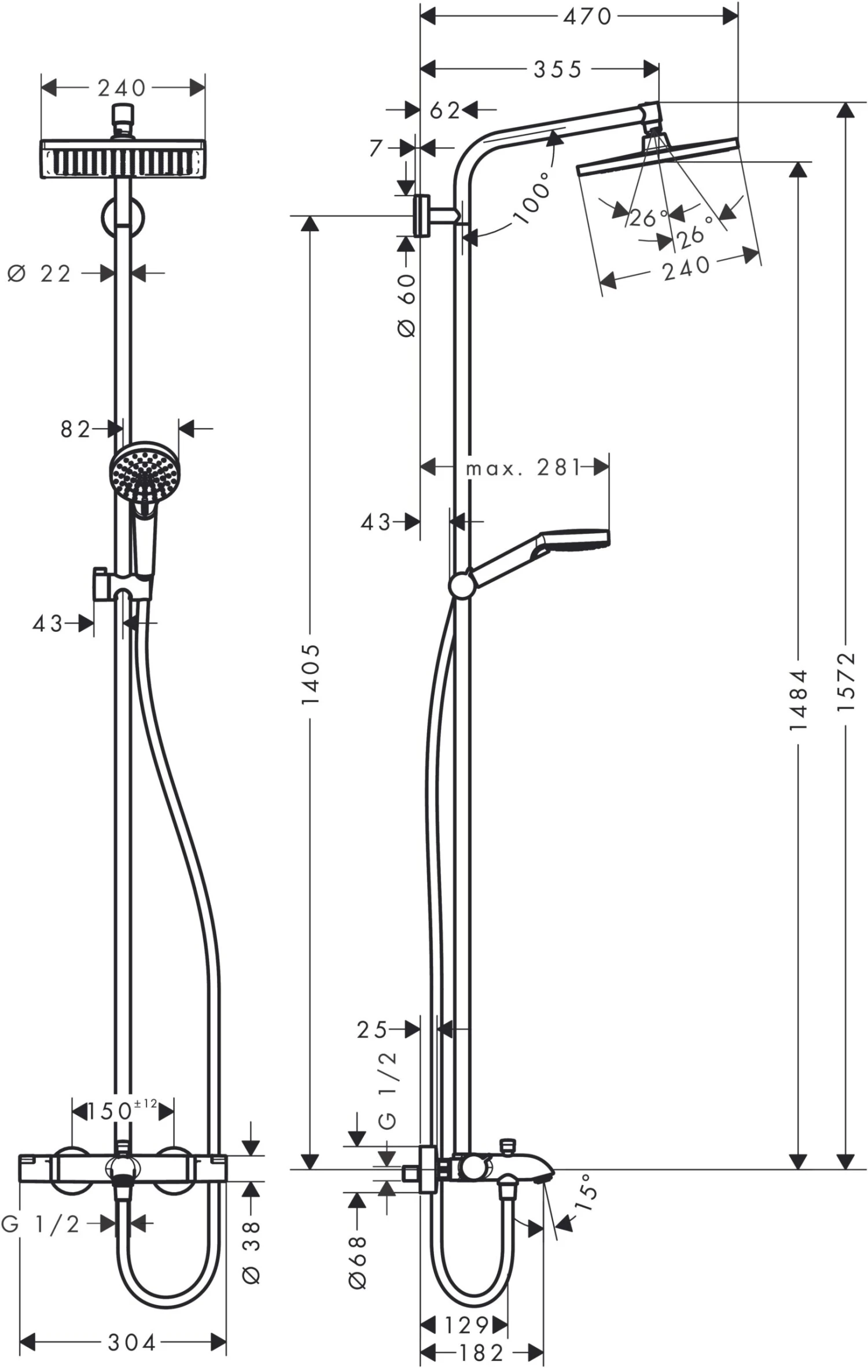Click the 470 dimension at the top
pyautogui.click(x=587, y=17)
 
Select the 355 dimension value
pyautogui.click(x=557, y=69)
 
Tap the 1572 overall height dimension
pyautogui.click(x=845, y=683)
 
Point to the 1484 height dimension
pyautogui.click(x=799, y=700)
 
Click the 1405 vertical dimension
pyautogui.click(x=311, y=674)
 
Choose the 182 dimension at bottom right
pyautogui.click(x=481, y=1352)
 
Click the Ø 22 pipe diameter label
pyautogui.click(x=39, y=273)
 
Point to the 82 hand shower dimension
pyautogui.click(x=75, y=429)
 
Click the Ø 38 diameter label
pyautogui.click(x=252, y=1252)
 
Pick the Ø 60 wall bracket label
pyautogui.click(x=407, y=305)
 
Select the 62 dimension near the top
pyautogui.click(x=444, y=110)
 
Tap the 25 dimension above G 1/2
pyautogui.click(x=372, y=1030)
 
